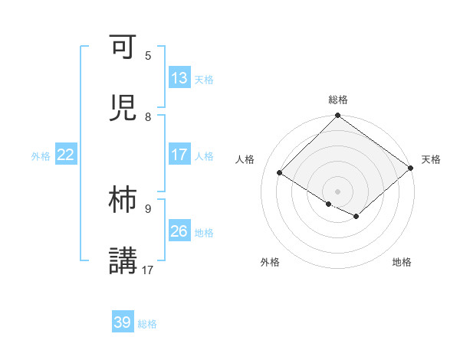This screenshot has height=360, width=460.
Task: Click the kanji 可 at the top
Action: click(123, 51)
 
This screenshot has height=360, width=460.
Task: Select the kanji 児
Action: click(123, 108)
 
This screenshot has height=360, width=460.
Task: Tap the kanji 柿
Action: click(123, 200)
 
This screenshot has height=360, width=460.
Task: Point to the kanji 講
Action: click(123, 260)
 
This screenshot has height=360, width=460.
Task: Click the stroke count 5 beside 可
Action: click(148, 56)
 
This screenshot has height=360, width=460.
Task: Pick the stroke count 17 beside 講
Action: click(148, 270)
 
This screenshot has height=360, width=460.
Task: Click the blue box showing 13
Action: click(179, 78)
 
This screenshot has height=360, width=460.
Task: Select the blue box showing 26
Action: click(179, 231)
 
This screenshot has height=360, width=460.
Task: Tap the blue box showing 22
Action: click(66, 155)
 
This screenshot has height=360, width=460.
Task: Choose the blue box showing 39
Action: click(123, 322)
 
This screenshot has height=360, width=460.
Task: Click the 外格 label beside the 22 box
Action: click(41, 156)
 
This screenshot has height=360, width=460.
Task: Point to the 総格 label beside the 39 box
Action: click(147, 324)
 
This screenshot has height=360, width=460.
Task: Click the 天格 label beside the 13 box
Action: click(204, 80)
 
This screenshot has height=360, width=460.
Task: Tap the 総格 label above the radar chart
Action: click(338, 100)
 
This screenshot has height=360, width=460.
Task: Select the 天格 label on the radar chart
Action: click(432, 159)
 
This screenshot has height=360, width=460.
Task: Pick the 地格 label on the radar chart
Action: click(402, 263)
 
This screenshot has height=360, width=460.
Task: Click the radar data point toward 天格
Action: click(411, 169)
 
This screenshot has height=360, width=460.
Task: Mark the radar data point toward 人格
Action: click(280, 173)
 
